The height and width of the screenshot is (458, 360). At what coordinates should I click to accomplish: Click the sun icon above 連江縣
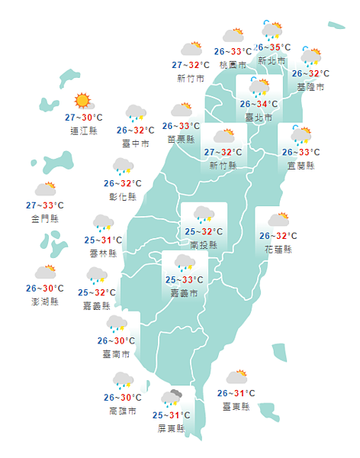pos(82,101)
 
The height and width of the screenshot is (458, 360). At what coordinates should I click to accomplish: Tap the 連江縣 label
pos(83,131)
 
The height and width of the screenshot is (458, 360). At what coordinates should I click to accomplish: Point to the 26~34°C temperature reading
pos(259,104)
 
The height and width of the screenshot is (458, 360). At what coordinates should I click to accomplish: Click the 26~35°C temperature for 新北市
pos(272,47)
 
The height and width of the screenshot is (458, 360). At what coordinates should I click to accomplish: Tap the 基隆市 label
pos(310,88)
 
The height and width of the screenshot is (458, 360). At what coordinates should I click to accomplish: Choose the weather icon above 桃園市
pos(233,35)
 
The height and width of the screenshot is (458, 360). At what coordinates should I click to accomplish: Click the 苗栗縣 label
pos(182,139)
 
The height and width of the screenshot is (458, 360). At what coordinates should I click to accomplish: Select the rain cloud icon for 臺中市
pos(136,114)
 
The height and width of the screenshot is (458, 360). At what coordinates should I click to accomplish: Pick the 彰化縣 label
pos(123,196)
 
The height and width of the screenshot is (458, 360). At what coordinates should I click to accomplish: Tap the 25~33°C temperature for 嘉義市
pos(184,280)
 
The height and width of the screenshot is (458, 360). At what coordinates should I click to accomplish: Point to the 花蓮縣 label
pos(278,249)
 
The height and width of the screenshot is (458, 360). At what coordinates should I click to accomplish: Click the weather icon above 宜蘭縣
pos(300,136)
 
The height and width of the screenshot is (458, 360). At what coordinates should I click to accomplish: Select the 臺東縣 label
pos(236,406)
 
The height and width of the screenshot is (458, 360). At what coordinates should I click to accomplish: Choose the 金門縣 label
pos(46,218)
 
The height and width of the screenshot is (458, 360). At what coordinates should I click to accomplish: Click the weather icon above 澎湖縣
pos(45,272)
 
